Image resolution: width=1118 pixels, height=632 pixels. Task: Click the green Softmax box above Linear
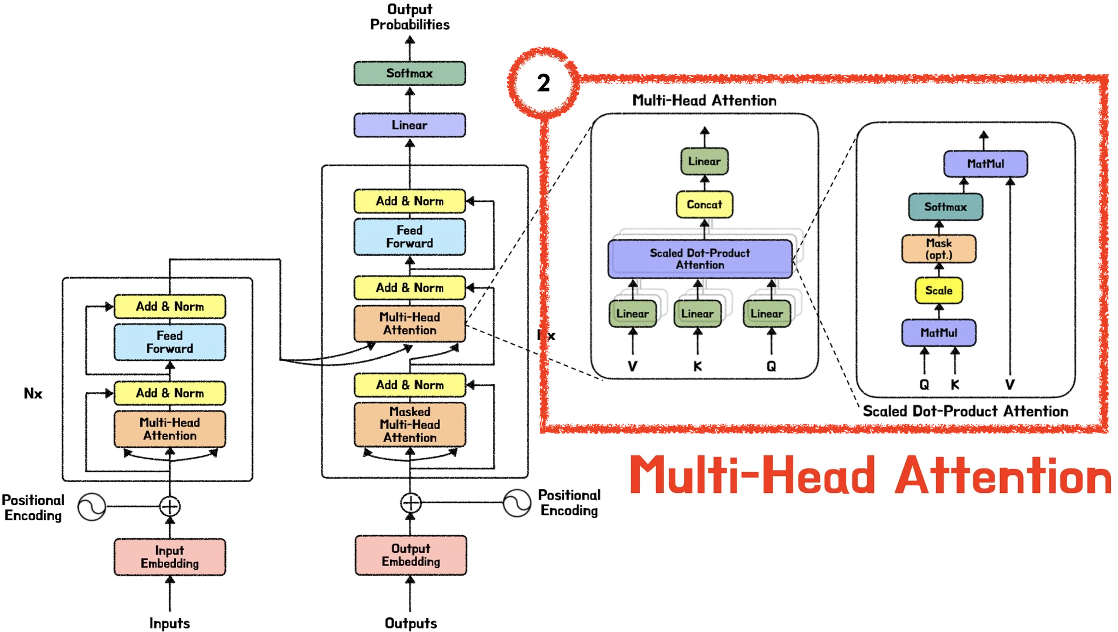[x=409, y=73]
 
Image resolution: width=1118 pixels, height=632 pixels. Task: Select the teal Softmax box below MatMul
[x=945, y=207]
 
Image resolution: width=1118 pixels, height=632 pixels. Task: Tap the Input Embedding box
[x=170, y=557]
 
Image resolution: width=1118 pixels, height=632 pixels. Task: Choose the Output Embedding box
[x=411, y=555]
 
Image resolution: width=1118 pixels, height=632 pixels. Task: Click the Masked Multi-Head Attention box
[x=410, y=424]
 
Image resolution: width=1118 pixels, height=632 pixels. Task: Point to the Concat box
[x=704, y=204]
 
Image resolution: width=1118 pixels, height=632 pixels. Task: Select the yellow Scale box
[x=938, y=291]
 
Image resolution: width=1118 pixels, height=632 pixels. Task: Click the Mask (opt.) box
[x=939, y=249]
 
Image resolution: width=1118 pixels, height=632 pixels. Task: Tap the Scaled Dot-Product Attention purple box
[x=700, y=259]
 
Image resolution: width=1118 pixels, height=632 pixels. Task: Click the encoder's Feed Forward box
[x=170, y=342]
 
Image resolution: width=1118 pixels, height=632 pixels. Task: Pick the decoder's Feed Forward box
[x=409, y=237]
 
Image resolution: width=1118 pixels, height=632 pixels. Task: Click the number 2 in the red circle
[x=544, y=83]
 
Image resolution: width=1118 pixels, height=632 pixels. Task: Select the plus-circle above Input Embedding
[x=170, y=506]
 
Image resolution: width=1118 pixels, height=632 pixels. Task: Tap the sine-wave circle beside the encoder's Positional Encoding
[x=92, y=507]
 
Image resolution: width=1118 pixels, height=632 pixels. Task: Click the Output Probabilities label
[x=410, y=17]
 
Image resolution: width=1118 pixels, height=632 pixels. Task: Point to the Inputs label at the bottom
[x=170, y=623]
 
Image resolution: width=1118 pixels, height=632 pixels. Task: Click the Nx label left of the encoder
[x=33, y=393]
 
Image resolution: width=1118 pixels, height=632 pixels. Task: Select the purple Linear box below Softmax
[x=409, y=125]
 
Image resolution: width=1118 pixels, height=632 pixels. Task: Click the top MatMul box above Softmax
[x=985, y=164]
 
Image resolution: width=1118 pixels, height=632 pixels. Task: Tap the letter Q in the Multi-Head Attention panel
[x=771, y=366]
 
